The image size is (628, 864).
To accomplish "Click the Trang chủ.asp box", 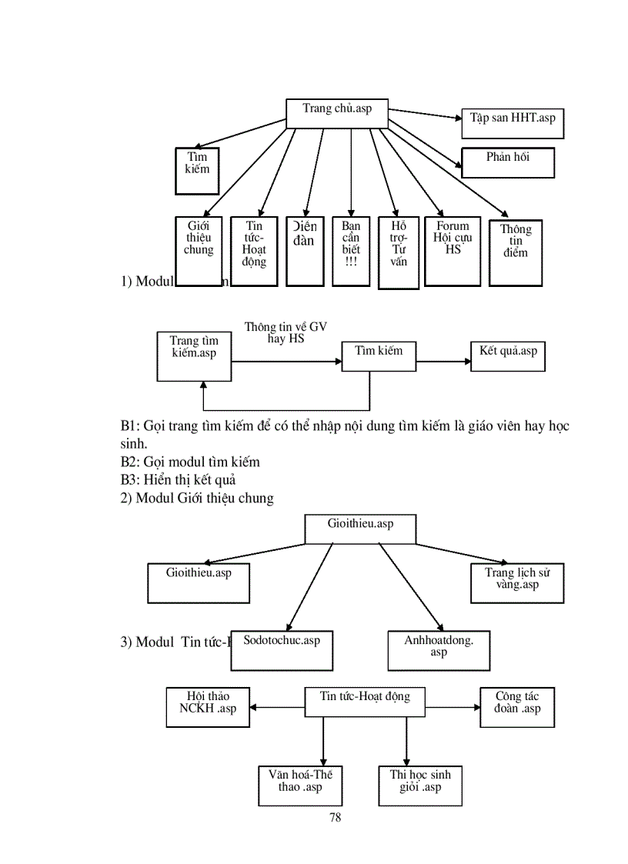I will (337, 113).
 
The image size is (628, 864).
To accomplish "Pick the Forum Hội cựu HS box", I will (453, 251).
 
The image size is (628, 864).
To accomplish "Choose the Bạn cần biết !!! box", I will (351, 251).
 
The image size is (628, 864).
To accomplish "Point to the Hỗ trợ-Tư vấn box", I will (399, 252).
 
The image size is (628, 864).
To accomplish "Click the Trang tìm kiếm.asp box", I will (194, 355).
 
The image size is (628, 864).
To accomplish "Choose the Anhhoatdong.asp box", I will (439, 650).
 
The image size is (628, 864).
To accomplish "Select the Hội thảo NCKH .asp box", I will (208, 706).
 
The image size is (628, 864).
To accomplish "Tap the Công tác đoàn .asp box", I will (517, 706).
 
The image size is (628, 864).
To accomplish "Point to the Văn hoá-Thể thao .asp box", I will (300, 785).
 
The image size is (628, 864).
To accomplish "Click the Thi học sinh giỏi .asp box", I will (420, 785).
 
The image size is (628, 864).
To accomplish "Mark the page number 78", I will (335, 818).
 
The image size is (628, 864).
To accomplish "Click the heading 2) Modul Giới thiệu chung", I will (197, 498).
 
